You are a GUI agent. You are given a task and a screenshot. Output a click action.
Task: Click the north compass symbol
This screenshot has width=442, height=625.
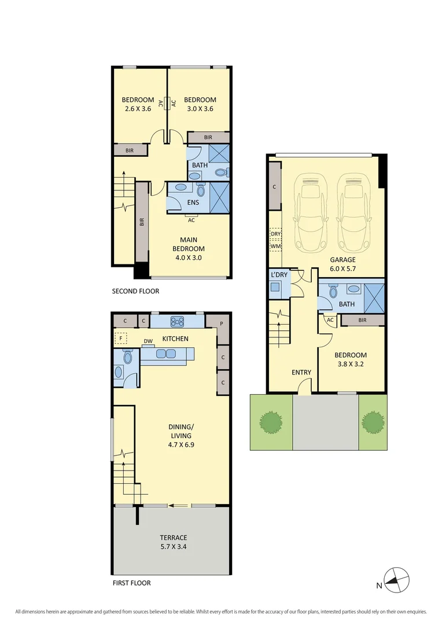[x=397, y=579]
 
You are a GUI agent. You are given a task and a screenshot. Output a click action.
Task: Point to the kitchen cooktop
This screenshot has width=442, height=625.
[x=176, y=321]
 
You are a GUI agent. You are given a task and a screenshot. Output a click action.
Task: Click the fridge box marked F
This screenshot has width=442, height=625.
[x=121, y=339]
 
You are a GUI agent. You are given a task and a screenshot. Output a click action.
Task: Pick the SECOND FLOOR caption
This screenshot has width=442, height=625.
[x=135, y=291]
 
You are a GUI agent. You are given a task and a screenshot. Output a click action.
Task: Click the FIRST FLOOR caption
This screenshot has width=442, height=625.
[x=131, y=583]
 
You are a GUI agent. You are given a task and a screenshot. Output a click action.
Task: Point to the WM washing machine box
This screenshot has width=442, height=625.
[x=275, y=247]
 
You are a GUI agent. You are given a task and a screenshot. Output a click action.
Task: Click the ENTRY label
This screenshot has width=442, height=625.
[x=301, y=373]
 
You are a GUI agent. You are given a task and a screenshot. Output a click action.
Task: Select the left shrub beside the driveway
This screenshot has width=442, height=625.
[x=270, y=421]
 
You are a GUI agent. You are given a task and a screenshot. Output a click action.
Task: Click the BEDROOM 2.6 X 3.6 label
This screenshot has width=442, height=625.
[x=138, y=104]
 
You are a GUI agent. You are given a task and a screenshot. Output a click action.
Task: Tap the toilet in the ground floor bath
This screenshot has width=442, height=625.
[x=333, y=291]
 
